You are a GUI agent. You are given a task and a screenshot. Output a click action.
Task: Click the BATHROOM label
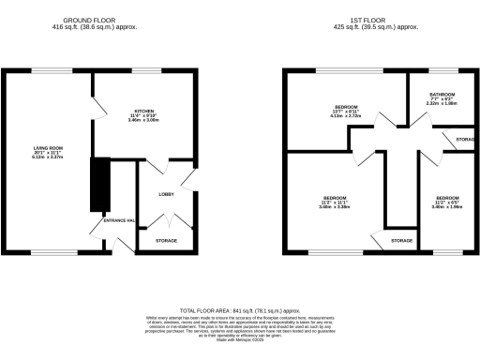tap(442, 95)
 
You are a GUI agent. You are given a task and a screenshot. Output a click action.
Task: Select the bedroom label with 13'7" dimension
tap(347, 108)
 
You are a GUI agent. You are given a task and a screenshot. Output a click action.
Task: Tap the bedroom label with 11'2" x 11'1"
tap(335, 201)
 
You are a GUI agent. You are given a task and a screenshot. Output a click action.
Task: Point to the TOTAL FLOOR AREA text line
tap(239, 310)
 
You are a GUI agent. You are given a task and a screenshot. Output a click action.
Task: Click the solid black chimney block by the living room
tap(97, 185)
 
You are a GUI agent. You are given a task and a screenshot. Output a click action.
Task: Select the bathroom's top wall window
tap(441, 71)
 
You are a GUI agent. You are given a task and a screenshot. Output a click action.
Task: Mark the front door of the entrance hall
tap(119, 246)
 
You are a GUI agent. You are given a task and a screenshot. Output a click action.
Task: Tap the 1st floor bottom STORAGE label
tap(401, 241)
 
